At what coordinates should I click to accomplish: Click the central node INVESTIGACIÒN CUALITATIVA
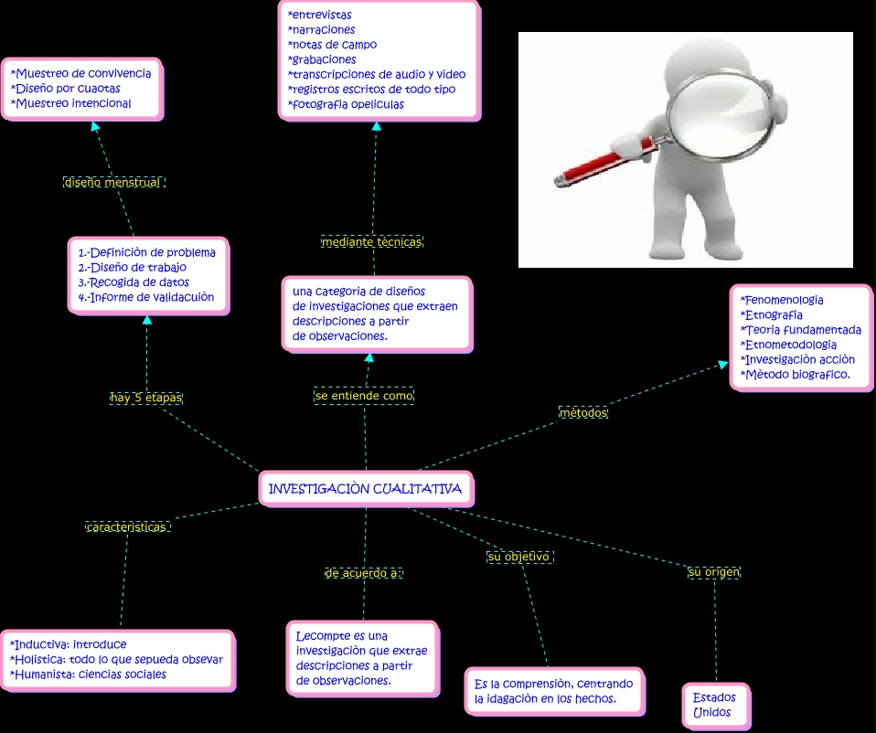point(365,489)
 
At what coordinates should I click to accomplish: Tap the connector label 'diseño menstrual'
point(113,182)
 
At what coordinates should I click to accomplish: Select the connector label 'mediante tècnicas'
point(371,242)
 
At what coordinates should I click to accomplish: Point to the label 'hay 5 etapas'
point(146,398)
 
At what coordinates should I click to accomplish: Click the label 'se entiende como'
point(364,396)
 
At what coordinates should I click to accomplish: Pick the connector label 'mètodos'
point(583,413)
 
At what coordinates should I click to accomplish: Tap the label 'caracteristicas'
point(128,527)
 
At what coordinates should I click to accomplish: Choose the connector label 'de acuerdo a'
point(363,573)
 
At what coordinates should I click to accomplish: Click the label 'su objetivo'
point(518,556)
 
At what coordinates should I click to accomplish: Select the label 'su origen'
point(714,572)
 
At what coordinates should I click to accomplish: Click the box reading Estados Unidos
point(714,705)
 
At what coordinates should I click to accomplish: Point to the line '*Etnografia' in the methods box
point(772,315)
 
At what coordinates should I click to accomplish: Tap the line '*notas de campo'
point(332,45)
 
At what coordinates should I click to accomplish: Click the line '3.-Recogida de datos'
point(134,282)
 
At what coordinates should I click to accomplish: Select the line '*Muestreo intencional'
point(71,103)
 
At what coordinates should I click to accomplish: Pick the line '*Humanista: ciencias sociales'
point(88,675)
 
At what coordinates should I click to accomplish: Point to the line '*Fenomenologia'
point(782,300)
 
